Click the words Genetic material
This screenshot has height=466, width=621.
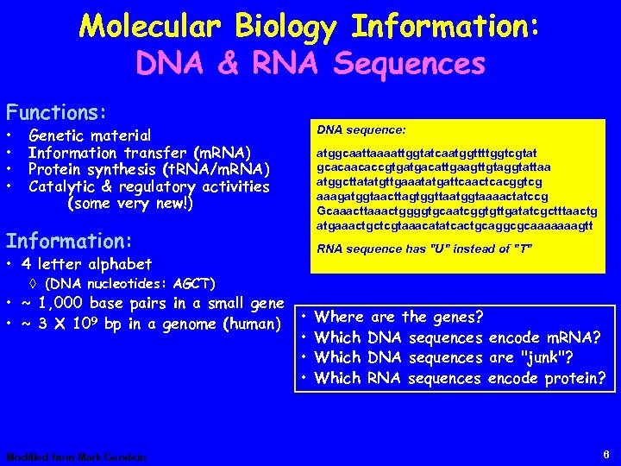pos(90,135)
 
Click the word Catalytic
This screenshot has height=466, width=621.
pos(66,186)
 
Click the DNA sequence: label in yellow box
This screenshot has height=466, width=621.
pos(361,129)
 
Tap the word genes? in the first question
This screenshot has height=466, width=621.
pos(457,318)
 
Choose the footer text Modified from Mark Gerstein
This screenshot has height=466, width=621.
pos(76,457)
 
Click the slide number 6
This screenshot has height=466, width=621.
pos(607,454)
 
